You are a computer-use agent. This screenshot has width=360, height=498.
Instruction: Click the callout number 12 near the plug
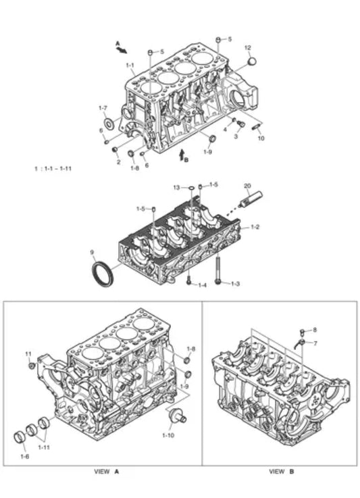[247, 48]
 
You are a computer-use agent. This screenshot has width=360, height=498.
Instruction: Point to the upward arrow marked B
[182, 155]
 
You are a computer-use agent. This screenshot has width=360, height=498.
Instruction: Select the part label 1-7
[103, 107]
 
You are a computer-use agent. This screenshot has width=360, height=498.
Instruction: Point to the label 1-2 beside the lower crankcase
[255, 228]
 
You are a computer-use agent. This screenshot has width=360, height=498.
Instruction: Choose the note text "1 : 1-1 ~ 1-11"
[53, 168]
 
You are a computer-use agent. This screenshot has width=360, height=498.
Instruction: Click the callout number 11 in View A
[28, 354]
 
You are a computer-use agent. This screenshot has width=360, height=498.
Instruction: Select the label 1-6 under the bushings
[25, 457]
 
